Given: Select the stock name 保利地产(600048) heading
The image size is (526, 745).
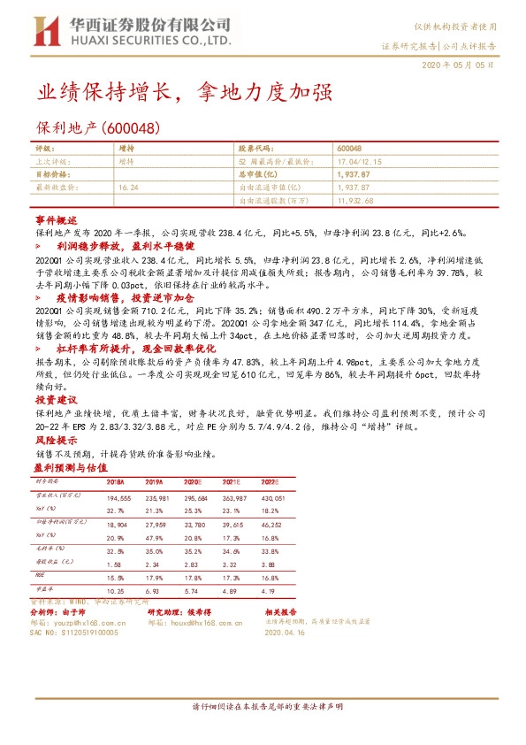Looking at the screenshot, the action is pyautogui.click(x=97, y=128).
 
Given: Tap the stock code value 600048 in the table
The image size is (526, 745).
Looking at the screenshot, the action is pyautogui.click(x=349, y=150).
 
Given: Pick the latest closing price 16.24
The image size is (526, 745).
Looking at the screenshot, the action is pyautogui.click(x=128, y=188).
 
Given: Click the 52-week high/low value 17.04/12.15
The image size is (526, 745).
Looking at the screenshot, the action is pyautogui.click(x=358, y=163).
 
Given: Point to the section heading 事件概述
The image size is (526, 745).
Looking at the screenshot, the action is pyautogui.click(x=57, y=219).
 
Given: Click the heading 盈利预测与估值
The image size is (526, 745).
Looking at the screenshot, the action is pyautogui.click(x=70, y=465).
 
